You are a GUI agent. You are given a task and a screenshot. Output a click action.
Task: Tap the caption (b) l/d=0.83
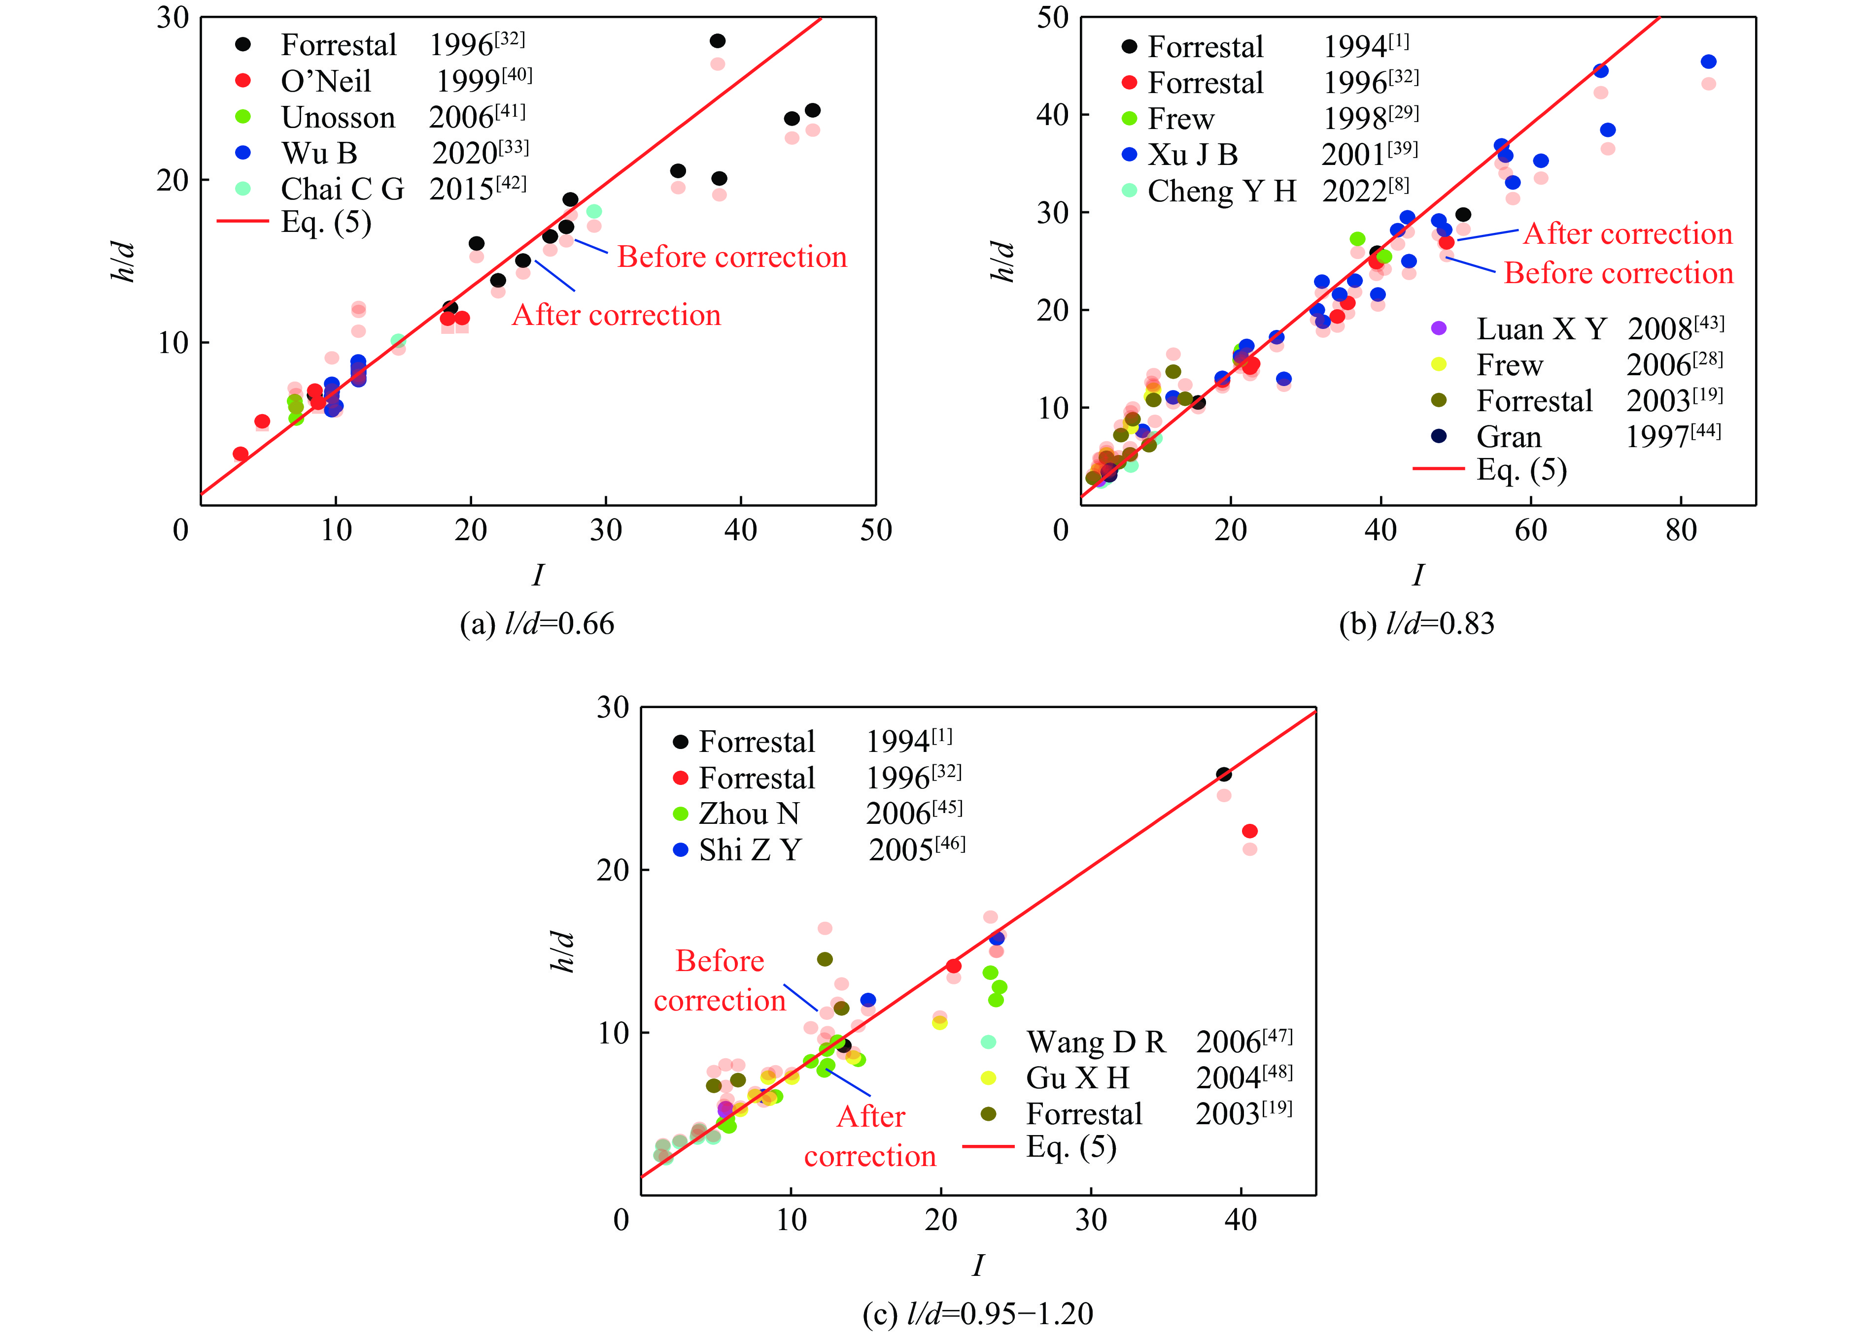[1416, 624]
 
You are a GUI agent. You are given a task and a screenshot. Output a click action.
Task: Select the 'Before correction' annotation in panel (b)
[1618, 273]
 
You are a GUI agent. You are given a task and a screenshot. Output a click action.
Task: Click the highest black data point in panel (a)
[717, 41]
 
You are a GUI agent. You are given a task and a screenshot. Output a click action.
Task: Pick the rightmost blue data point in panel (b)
[1709, 62]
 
